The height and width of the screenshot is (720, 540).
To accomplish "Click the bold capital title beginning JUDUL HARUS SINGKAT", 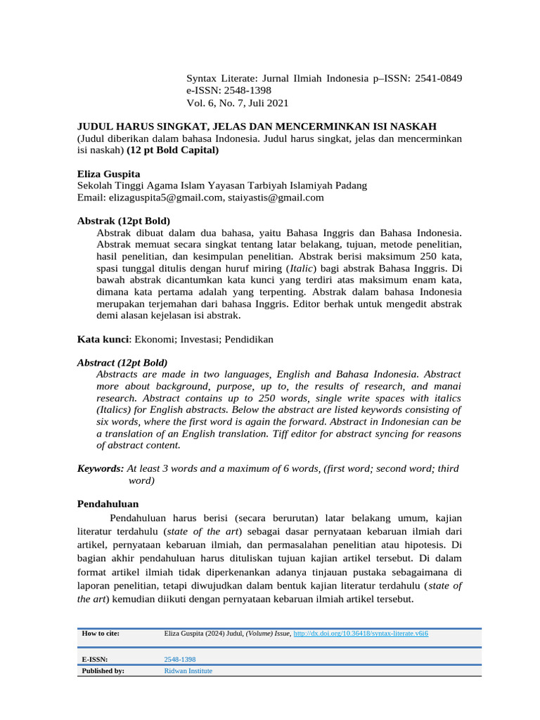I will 257,126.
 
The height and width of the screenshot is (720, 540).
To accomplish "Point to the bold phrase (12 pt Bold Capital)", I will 173,150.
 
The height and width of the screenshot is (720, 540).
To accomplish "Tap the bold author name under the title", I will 108,174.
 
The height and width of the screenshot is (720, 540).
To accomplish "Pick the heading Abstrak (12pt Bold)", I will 123,221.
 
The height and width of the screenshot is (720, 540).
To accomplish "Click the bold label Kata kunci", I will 103,339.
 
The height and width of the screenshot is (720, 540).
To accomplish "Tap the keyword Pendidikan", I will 249,339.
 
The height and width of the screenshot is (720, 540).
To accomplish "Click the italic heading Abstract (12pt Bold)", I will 122,363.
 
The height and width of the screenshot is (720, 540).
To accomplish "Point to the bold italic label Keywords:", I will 101,468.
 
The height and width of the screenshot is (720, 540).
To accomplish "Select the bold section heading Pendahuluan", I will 108,504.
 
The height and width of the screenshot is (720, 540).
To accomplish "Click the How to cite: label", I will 101,634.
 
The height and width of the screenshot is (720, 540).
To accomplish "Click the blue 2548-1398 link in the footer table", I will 179,660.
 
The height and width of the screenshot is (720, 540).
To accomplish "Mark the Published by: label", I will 103,671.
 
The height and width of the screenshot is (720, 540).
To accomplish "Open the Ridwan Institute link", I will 188,671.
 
